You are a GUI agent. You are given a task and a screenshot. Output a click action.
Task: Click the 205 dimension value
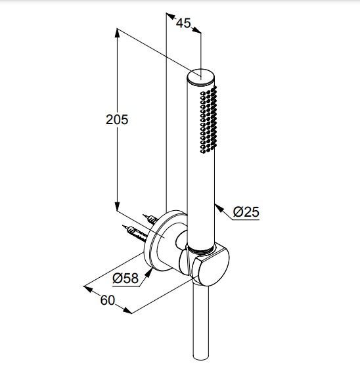coord(117,120)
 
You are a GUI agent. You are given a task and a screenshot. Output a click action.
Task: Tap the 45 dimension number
coord(183,23)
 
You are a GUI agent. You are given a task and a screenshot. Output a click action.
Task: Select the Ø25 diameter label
coord(246,212)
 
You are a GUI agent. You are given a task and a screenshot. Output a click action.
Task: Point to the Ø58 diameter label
coord(125,278)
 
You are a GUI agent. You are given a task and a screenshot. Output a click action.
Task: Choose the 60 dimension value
coord(108,300)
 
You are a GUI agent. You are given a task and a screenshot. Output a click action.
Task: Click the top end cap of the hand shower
coord(200,76)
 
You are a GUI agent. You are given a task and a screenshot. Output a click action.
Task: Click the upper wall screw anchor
coord(150,219)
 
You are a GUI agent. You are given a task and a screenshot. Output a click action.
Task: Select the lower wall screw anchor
coord(135,233)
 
